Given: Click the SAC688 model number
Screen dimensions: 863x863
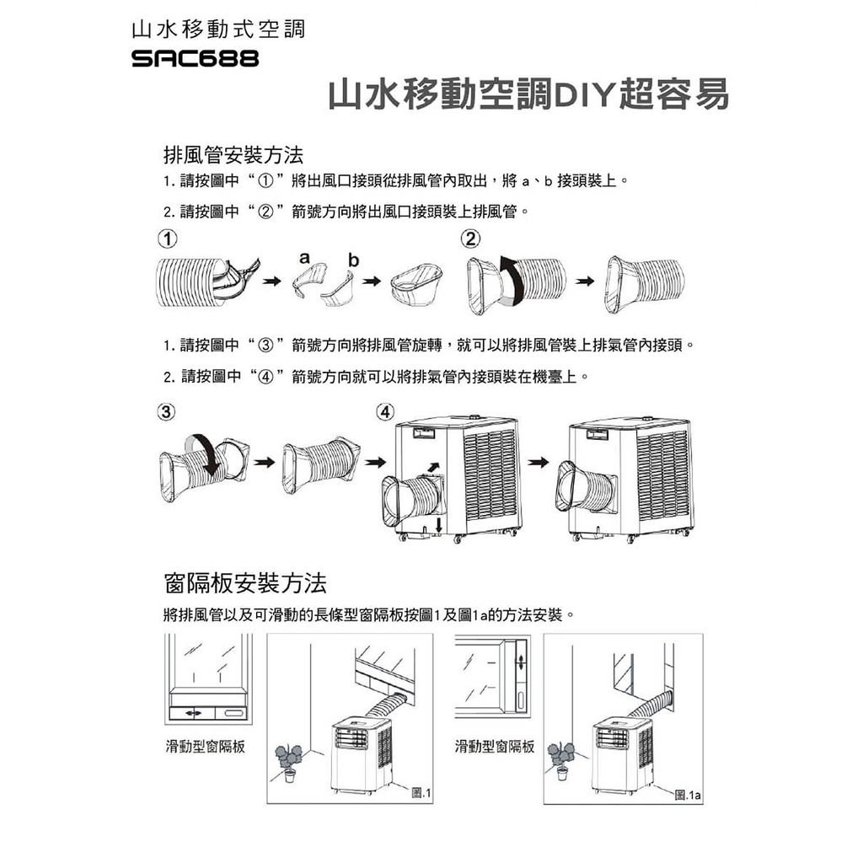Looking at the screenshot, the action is (x=195, y=58).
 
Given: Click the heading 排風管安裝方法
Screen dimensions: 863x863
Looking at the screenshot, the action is (x=233, y=155).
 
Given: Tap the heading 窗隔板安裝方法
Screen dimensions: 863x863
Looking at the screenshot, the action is (x=245, y=583).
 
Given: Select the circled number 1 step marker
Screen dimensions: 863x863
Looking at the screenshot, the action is (x=168, y=239).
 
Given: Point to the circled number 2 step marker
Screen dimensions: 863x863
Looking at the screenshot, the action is (x=471, y=239).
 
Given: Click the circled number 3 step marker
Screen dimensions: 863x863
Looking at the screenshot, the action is (x=166, y=411).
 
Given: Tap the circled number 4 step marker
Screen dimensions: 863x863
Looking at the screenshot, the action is (x=385, y=411).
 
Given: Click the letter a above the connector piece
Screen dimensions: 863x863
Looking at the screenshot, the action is (x=304, y=257).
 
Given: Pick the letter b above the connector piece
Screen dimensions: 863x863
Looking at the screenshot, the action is (x=353, y=260).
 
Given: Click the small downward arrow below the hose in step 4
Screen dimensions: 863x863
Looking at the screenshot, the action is (x=438, y=524).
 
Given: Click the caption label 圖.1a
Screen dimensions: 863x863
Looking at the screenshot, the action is (x=688, y=795).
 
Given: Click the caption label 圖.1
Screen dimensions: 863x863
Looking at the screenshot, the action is (x=421, y=793).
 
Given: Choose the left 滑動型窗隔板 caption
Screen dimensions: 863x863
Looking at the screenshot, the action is (x=206, y=747).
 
